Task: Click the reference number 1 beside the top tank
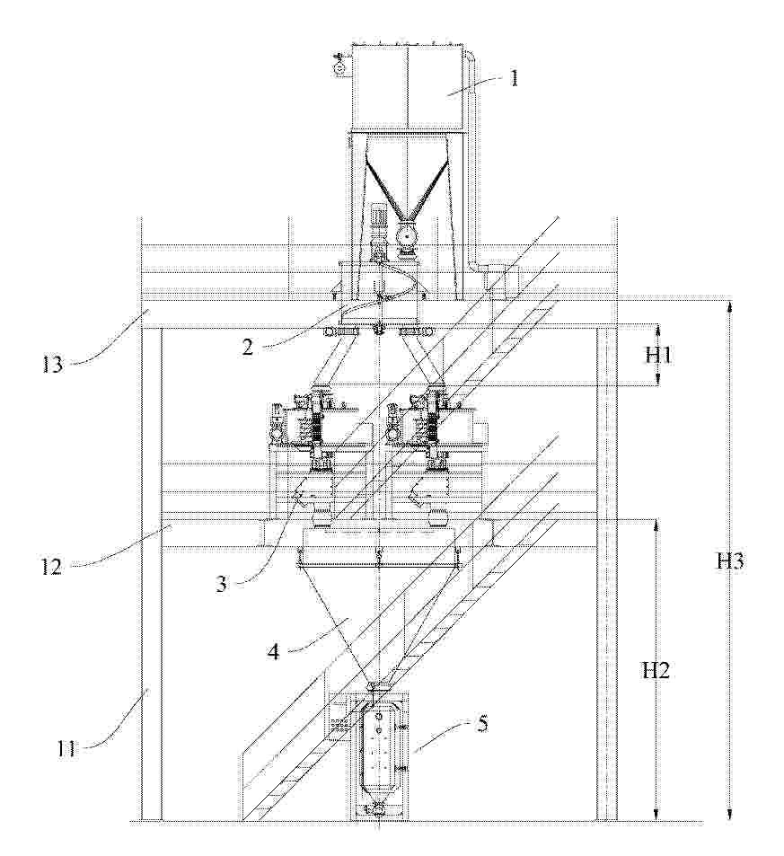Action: point(513,78)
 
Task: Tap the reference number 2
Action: point(248,348)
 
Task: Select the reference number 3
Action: point(221,585)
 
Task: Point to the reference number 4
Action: point(273,651)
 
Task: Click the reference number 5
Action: point(482,724)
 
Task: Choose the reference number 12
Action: point(51,567)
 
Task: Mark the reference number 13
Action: point(53,364)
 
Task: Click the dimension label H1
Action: point(658,356)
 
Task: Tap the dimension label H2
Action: point(656,671)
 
